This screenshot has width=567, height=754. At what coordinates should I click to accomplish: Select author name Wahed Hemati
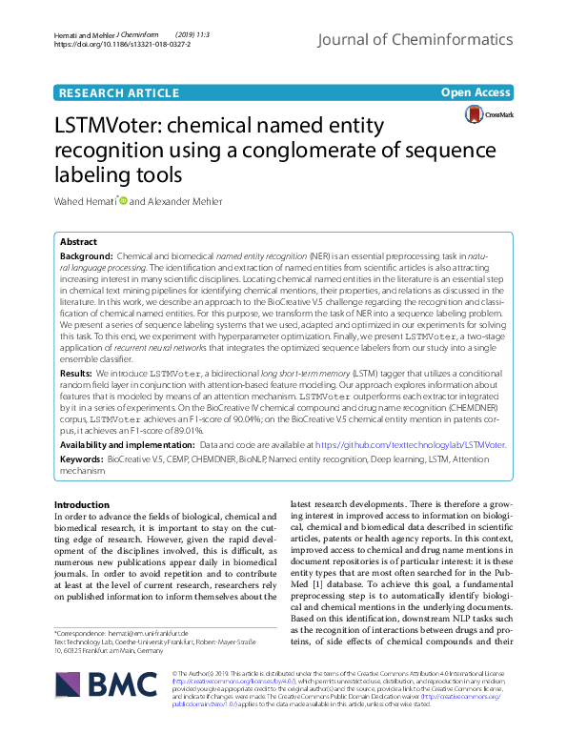click(x=83, y=201)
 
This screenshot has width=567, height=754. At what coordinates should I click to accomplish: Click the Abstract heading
click(x=79, y=243)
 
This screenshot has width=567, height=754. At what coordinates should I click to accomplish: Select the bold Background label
click(x=86, y=258)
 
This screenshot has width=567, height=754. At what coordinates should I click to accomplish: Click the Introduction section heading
click(x=82, y=505)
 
